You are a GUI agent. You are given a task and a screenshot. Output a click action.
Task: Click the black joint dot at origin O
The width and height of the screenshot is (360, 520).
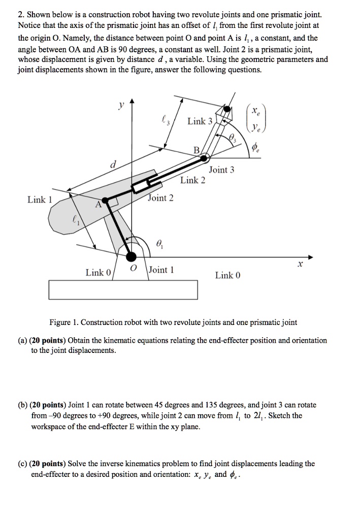pos(132,255)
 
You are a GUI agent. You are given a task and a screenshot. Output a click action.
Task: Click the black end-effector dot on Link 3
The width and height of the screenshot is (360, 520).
pos(227,109)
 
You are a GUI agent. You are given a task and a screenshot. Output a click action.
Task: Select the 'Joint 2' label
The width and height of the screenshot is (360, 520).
pos(161,198)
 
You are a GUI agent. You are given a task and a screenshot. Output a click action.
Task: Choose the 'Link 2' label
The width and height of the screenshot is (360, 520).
pos(193,180)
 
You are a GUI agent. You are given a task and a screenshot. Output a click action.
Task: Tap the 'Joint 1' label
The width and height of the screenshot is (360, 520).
pos(162,270)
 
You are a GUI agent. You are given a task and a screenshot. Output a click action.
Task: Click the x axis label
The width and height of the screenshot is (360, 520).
pos(300,266)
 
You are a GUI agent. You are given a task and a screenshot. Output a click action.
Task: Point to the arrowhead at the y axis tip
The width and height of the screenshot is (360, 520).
pos(132,103)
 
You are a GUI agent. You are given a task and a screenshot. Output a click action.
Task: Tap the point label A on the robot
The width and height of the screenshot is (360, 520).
pos(99,205)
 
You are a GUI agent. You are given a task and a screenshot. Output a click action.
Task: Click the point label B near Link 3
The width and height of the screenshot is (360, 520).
pos(196,150)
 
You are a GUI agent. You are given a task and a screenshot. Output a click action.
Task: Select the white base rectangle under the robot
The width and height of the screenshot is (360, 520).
pos(123,290)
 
